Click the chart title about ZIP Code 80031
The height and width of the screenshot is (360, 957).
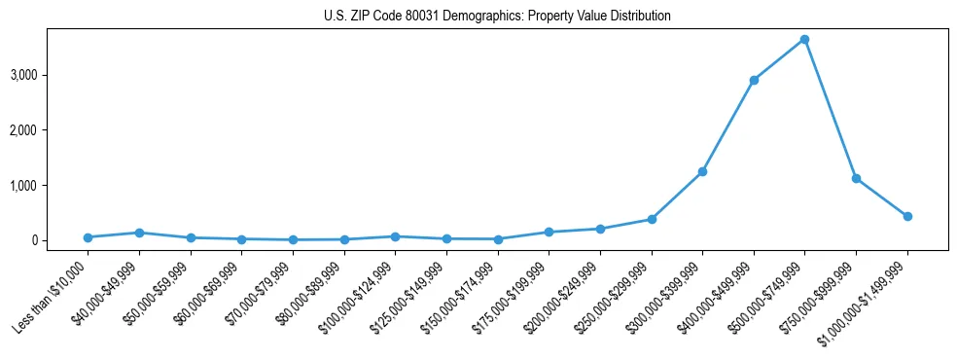coord(497,17)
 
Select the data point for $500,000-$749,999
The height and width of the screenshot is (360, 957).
coord(804,40)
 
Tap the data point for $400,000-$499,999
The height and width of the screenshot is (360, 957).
coord(754,80)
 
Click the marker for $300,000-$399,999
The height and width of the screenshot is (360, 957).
coord(702,172)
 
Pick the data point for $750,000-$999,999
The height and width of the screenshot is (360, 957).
coord(856,178)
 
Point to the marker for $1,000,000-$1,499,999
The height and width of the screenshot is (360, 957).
coord(907,216)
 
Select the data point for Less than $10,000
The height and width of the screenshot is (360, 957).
coord(88,237)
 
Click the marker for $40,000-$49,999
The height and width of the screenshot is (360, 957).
coord(139,233)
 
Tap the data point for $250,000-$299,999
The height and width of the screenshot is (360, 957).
coord(652,219)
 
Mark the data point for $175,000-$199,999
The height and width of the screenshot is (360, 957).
coord(549,232)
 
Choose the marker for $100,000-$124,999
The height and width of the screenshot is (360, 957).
coord(395,236)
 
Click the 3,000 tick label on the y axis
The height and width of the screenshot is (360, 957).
coord(51,75)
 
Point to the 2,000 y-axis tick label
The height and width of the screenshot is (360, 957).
coord(51,130)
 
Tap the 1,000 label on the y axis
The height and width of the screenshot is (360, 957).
coord(51,186)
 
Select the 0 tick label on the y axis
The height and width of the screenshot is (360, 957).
coord(60,240)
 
